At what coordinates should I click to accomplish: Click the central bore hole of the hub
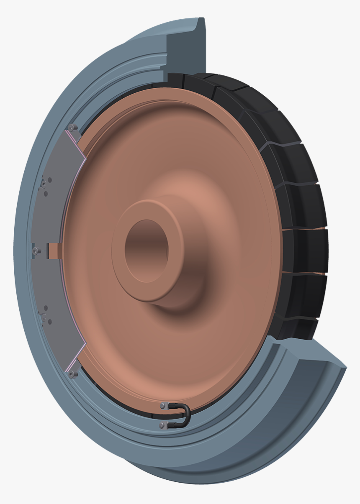coord(147,251)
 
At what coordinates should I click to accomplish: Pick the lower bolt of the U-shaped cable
coord(162,425)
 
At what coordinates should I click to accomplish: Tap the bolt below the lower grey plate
coord(72,374)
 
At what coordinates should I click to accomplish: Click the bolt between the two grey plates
coord(36,251)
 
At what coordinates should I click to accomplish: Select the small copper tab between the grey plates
coord(54,251)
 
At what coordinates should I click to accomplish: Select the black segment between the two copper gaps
coord(303,251)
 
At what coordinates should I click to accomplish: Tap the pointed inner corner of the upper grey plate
coord(85,158)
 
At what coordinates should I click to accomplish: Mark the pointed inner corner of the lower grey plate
coord(85,344)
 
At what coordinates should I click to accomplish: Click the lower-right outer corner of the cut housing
coord(346,368)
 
